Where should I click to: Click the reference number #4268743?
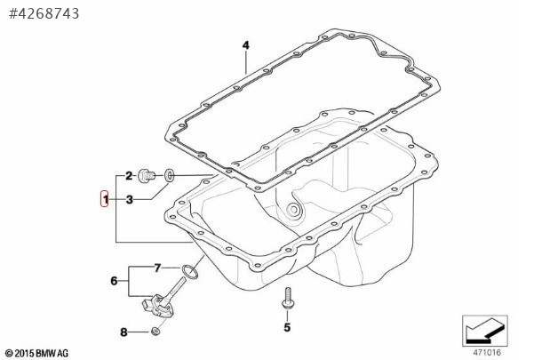point(44,13)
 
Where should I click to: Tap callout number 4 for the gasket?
point(246,45)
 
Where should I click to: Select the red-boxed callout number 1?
point(105,199)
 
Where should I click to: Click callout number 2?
point(129,176)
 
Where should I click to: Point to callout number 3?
point(129,200)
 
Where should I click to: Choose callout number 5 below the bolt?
point(287,327)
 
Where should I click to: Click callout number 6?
point(114,281)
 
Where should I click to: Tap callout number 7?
point(157,268)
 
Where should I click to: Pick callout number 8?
point(124,332)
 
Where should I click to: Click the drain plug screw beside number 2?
point(146,176)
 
